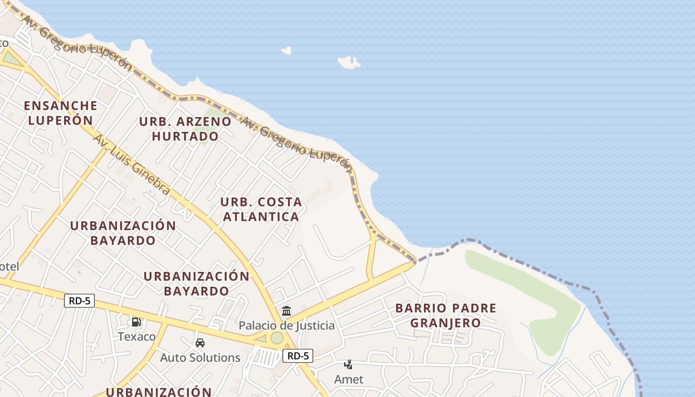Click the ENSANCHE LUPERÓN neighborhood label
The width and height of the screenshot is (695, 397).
(61, 113)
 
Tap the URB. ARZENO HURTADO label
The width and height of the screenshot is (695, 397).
(185, 129)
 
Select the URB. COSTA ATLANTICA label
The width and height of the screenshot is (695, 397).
(261, 209)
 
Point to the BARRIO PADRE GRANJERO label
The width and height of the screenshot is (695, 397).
(445, 315)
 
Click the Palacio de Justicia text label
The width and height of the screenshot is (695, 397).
(286, 326)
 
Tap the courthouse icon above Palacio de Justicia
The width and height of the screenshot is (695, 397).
(286, 311)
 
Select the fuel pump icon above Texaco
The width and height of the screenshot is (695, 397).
(137, 322)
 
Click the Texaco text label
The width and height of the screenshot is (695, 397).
(137, 336)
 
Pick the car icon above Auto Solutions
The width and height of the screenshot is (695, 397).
(200, 343)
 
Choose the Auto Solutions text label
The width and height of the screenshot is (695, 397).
(200, 357)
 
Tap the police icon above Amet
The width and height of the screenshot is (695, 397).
(348, 365)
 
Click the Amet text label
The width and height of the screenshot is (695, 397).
(348, 379)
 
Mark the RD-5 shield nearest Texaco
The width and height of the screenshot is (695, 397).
(79, 300)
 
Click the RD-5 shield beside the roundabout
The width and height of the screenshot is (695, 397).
(298, 355)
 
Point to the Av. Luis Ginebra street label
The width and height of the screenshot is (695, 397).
(132, 164)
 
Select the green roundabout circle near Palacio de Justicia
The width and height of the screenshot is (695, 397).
(277, 338)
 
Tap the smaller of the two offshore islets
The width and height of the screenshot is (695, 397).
(286, 50)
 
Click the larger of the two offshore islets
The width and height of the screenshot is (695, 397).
(349, 63)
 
